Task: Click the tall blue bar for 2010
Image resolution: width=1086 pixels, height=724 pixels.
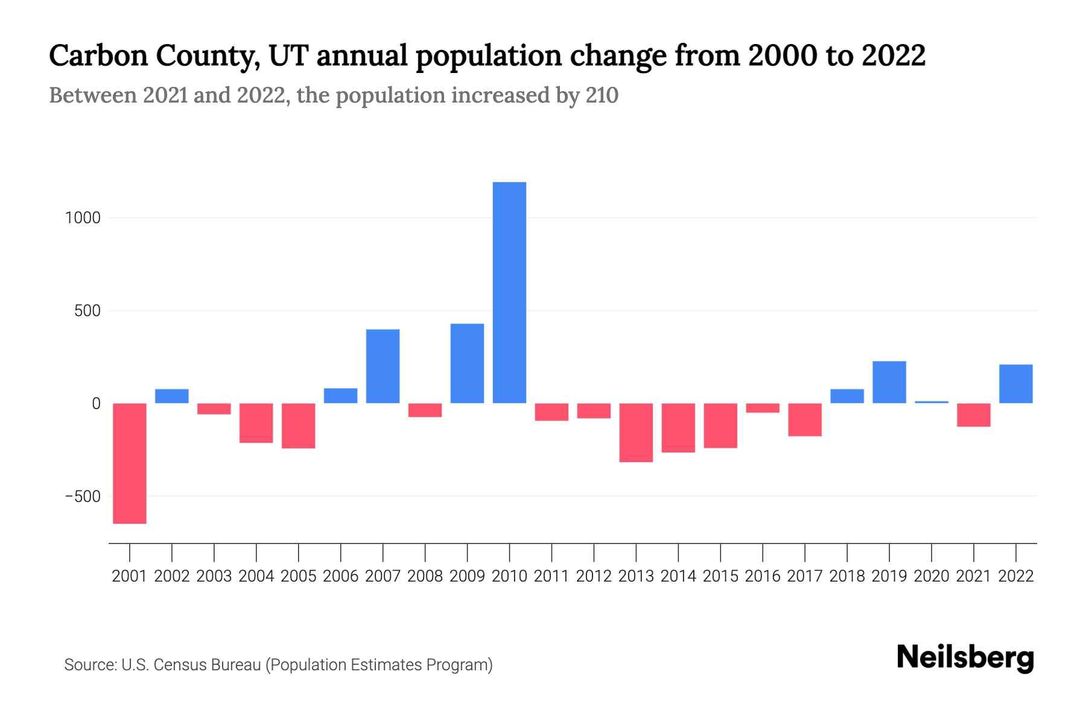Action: [x=509, y=293]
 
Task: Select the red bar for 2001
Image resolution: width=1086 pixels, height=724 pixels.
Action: [x=130, y=463]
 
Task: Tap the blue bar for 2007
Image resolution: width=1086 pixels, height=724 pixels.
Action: [x=383, y=366]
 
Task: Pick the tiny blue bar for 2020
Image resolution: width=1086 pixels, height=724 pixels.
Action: [x=932, y=402]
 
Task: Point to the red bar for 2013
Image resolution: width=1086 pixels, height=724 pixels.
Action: [x=636, y=433]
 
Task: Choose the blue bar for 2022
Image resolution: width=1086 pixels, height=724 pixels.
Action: [x=1015, y=384]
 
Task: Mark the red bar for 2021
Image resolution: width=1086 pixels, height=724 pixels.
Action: [x=973, y=415]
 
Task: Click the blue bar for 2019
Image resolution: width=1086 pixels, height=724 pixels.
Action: [x=889, y=382]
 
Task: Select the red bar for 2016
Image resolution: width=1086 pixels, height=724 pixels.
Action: [x=763, y=408]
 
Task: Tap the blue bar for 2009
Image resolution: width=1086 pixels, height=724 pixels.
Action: [x=467, y=363]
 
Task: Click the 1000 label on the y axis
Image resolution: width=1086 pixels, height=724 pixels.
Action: [x=83, y=218]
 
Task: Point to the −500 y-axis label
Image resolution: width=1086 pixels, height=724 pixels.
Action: [x=83, y=497]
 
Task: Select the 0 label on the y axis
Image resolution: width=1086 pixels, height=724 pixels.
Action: [x=96, y=404]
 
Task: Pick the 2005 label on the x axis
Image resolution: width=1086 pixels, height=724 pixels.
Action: [x=299, y=576]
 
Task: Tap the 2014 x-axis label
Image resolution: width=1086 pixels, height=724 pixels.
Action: [x=678, y=576]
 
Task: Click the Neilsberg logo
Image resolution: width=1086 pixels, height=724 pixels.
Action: [x=965, y=658]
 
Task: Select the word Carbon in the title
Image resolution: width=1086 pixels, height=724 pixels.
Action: [x=98, y=56]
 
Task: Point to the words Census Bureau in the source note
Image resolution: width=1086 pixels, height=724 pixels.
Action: [x=208, y=665]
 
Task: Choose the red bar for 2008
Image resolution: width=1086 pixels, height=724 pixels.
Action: [x=425, y=410]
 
